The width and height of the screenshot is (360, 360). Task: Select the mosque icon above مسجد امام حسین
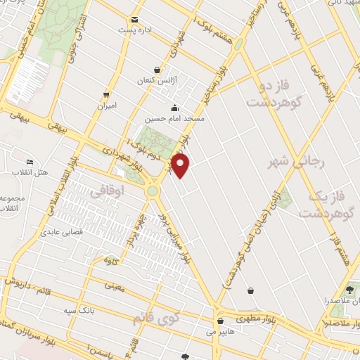point(174,107)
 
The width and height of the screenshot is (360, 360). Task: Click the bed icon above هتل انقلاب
point(27,160)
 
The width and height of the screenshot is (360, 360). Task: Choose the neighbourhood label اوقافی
point(108,191)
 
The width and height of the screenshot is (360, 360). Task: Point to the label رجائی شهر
point(289,163)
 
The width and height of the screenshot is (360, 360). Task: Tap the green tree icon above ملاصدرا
point(349,288)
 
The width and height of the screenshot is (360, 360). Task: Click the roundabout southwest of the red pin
point(153,191)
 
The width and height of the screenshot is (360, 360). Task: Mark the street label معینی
point(113,286)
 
